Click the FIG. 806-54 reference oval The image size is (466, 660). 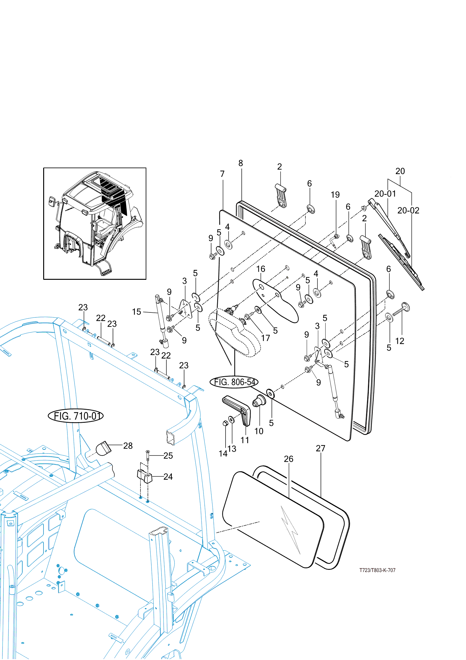[234, 382]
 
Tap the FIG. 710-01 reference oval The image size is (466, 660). [76, 416]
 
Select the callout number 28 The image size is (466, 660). [128, 445]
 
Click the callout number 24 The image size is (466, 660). [168, 477]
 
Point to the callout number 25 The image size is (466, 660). [168, 455]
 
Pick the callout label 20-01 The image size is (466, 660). [385, 194]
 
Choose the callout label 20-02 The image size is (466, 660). [408, 210]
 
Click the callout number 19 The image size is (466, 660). [335, 195]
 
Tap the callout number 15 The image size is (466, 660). [136, 312]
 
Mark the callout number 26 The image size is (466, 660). [289, 459]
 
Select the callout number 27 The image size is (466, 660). [321, 448]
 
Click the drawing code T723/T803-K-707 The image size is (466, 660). [377, 570]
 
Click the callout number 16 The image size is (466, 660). [261, 269]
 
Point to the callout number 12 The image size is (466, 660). [400, 341]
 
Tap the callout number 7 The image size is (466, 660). [222, 174]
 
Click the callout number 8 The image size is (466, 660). [241, 163]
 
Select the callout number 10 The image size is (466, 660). [259, 431]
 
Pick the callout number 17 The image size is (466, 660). [266, 338]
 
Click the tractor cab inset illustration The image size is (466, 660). [95, 224]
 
